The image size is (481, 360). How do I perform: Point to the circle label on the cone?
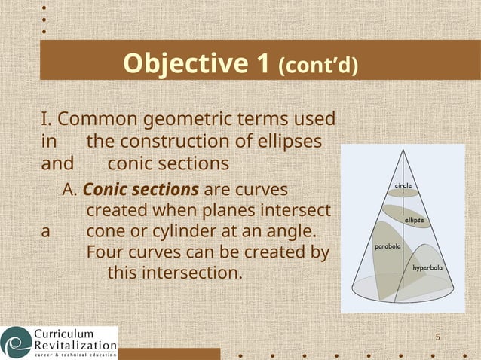pos(403,185)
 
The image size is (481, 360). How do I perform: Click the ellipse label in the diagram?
pos(414,220)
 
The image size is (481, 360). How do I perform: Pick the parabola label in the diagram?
pos(388,246)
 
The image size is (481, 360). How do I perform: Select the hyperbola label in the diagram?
pos(427,267)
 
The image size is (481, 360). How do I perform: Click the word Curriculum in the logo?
pos(63,334)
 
